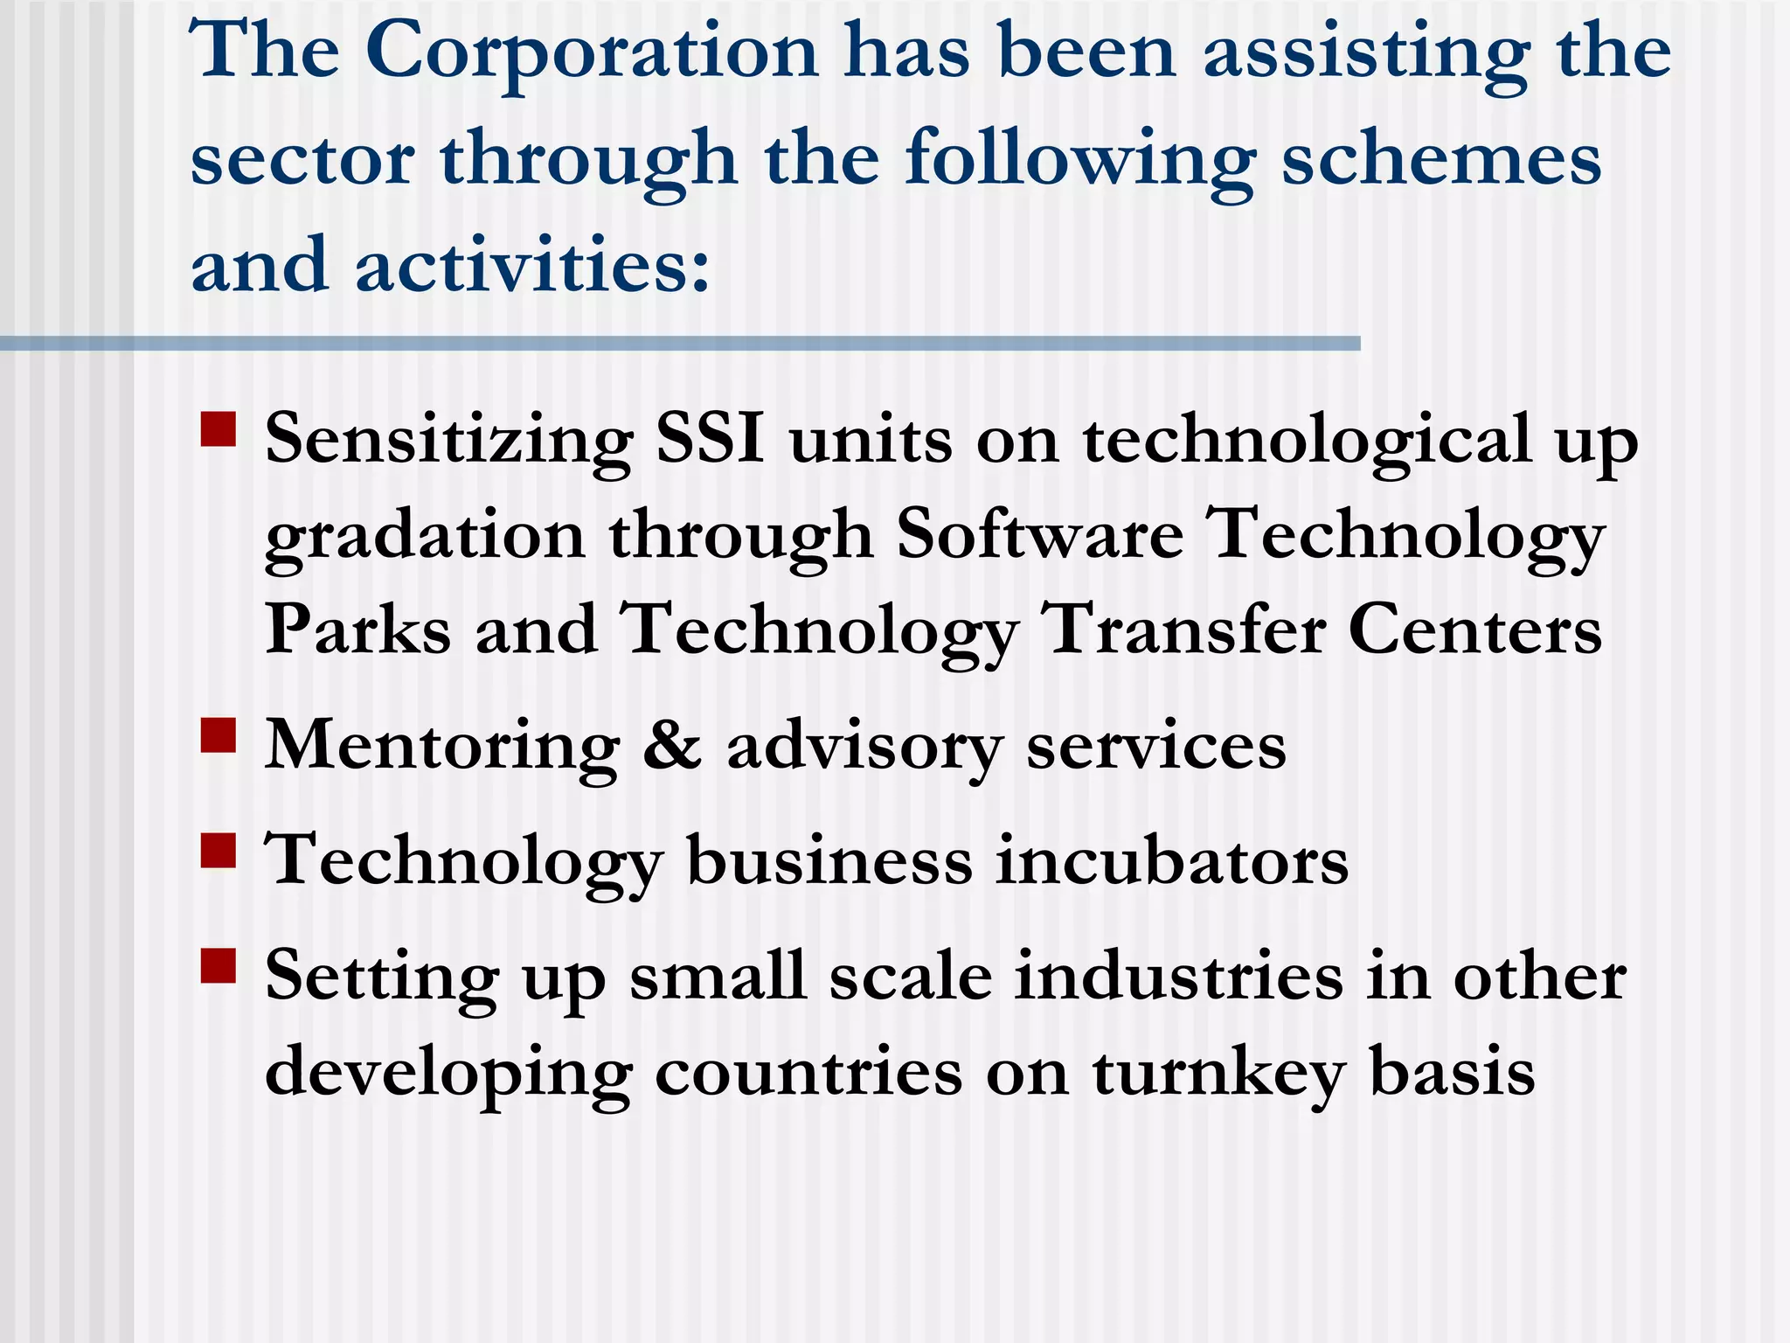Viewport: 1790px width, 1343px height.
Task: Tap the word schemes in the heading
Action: pyautogui.click(x=1441, y=159)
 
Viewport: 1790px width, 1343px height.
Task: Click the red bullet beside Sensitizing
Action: pyautogui.click(x=219, y=430)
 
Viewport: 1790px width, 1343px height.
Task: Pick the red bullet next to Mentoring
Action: pyautogui.click(x=219, y=735)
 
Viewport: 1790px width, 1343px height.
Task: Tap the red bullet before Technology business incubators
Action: pyautogui.click(x=219, y=849)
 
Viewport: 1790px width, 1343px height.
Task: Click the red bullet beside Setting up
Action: pyautogui.click(x=219, y=966)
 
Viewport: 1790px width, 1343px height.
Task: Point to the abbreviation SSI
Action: pyautogui.click(x=710, y=439)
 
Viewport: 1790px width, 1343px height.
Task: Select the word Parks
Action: pyautogui.click(x=358, y=630)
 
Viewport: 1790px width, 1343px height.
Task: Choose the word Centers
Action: pyautogui.click(x=1475, y=630)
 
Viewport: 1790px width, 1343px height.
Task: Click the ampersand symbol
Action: pyautogui.click(x=672, y=746)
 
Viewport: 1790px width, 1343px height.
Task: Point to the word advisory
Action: pyautogui.click(x=864, y=748)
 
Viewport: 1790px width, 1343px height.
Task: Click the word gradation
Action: pyautogui.click(x=425, y=536)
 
